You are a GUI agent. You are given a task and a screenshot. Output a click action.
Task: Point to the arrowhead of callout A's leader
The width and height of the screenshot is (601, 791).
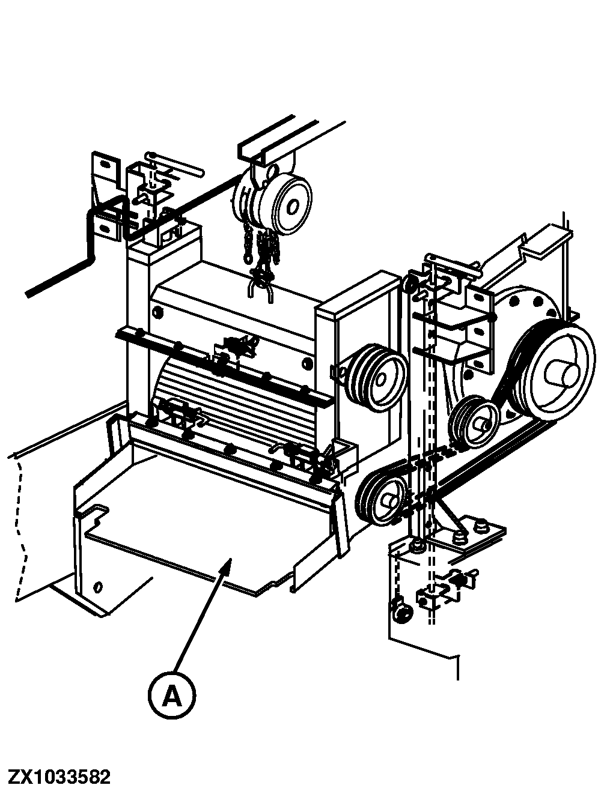pos(228,561)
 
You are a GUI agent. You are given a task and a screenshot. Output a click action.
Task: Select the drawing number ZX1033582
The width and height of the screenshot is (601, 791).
pos(59,777)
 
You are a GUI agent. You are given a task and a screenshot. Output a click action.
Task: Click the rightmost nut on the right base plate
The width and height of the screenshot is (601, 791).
pos(481,527)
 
